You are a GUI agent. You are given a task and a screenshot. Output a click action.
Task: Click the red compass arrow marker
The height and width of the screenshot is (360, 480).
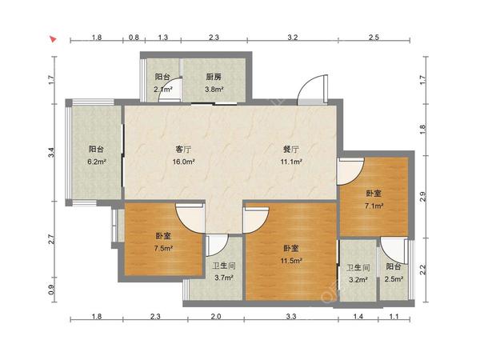pos(54,39)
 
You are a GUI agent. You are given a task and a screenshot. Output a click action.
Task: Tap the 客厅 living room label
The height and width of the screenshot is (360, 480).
pos(183,150)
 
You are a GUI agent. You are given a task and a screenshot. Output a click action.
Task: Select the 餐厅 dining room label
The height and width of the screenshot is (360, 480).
pos(291,150)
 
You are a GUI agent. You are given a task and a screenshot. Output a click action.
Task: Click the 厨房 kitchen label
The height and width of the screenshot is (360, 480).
pos(214,77)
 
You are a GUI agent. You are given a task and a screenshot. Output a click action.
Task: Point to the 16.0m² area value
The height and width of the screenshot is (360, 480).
pos(184,162)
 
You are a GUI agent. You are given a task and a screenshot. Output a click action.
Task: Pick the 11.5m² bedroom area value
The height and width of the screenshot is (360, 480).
pos(291,261)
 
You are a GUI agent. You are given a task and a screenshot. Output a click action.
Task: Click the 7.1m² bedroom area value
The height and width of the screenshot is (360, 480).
pos(374,206)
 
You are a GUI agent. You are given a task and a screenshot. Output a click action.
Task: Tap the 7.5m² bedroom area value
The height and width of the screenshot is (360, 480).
pos(164,248)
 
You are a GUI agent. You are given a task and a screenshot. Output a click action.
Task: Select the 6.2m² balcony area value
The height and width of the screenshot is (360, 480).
pos(97,162)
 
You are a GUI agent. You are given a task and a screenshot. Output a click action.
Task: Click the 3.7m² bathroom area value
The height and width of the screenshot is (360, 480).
pos(224,278)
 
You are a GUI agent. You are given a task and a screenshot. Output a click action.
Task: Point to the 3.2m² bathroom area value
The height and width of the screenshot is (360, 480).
pos(358,279)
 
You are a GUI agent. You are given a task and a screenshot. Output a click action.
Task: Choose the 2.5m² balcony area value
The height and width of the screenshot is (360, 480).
pos(394,279)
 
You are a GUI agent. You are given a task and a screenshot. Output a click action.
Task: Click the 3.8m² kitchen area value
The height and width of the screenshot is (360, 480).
pos(214,90)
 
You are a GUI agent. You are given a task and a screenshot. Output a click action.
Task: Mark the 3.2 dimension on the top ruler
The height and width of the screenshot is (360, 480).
pos(293,38)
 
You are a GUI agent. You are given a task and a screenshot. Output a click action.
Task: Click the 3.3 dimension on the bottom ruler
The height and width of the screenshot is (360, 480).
pos(291,316)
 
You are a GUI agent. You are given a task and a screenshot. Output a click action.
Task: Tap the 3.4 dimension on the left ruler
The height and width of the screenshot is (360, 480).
pos(52,153)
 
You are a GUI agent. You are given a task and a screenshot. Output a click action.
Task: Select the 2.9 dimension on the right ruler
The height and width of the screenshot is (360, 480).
pos(422,197)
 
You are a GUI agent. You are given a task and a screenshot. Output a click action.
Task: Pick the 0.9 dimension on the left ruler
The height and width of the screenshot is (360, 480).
pos(52,290)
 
